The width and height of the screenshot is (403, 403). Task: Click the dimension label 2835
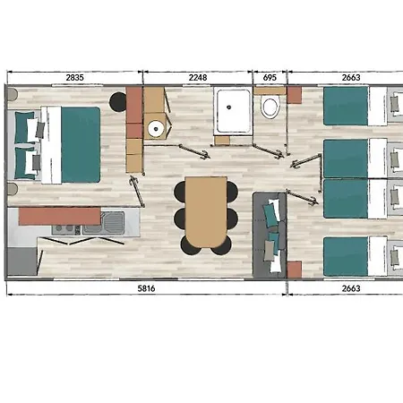(74, 78)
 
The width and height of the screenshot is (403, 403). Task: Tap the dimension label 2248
(198, 78)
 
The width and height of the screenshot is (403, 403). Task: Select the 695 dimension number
(270, 78)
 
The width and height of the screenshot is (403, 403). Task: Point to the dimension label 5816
(146, 288)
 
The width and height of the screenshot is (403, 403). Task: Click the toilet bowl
(270, 107)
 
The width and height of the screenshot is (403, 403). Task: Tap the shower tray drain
(229, 107)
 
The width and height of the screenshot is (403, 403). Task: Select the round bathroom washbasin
(156, 129)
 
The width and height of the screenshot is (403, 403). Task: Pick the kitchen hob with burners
(66, 229)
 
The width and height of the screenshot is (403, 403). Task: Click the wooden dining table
(206, 211)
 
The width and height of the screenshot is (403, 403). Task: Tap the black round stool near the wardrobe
(118, 102)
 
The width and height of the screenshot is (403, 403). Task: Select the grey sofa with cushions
(270, 236)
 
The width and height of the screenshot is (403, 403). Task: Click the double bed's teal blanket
(81, 145)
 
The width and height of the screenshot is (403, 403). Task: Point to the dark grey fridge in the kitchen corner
(22, 262)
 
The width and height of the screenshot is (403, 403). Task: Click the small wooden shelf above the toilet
(270, 90)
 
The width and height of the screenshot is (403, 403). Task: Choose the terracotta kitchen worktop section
(60, 217)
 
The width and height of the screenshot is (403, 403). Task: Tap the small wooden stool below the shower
(222, 141)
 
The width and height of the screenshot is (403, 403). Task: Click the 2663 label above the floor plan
(351, 78)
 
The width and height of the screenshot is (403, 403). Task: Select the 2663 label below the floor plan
(351, 288)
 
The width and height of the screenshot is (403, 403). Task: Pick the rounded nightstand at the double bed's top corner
(13, 94)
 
